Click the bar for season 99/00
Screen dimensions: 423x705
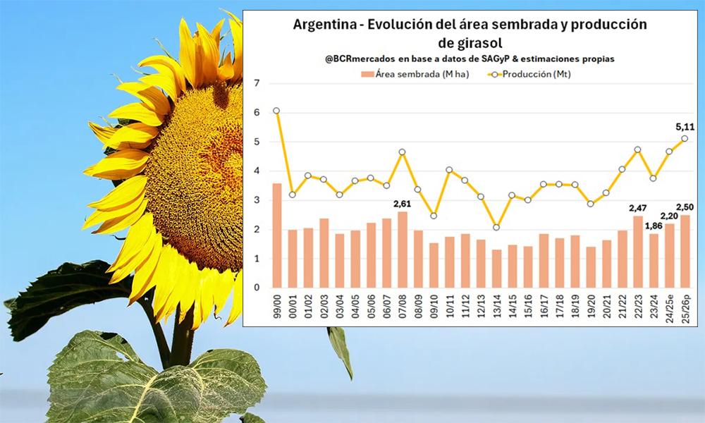click(x=277, y=235)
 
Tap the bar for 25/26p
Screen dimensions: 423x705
click(x=685, y=252)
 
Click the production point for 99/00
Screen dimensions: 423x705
click(x=276, y=111)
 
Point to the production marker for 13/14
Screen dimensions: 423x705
click(x=496, y=227)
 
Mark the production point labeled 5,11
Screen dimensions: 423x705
click(x=685, y=138)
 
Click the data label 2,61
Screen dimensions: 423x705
click(x=403, y=204)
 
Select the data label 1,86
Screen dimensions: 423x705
click(x=654, y=225)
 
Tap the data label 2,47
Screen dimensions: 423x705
click(x=638, y=208)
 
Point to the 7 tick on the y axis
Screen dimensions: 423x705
click(x=257, y=84)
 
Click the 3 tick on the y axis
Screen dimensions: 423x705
click(x=257, y=200)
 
